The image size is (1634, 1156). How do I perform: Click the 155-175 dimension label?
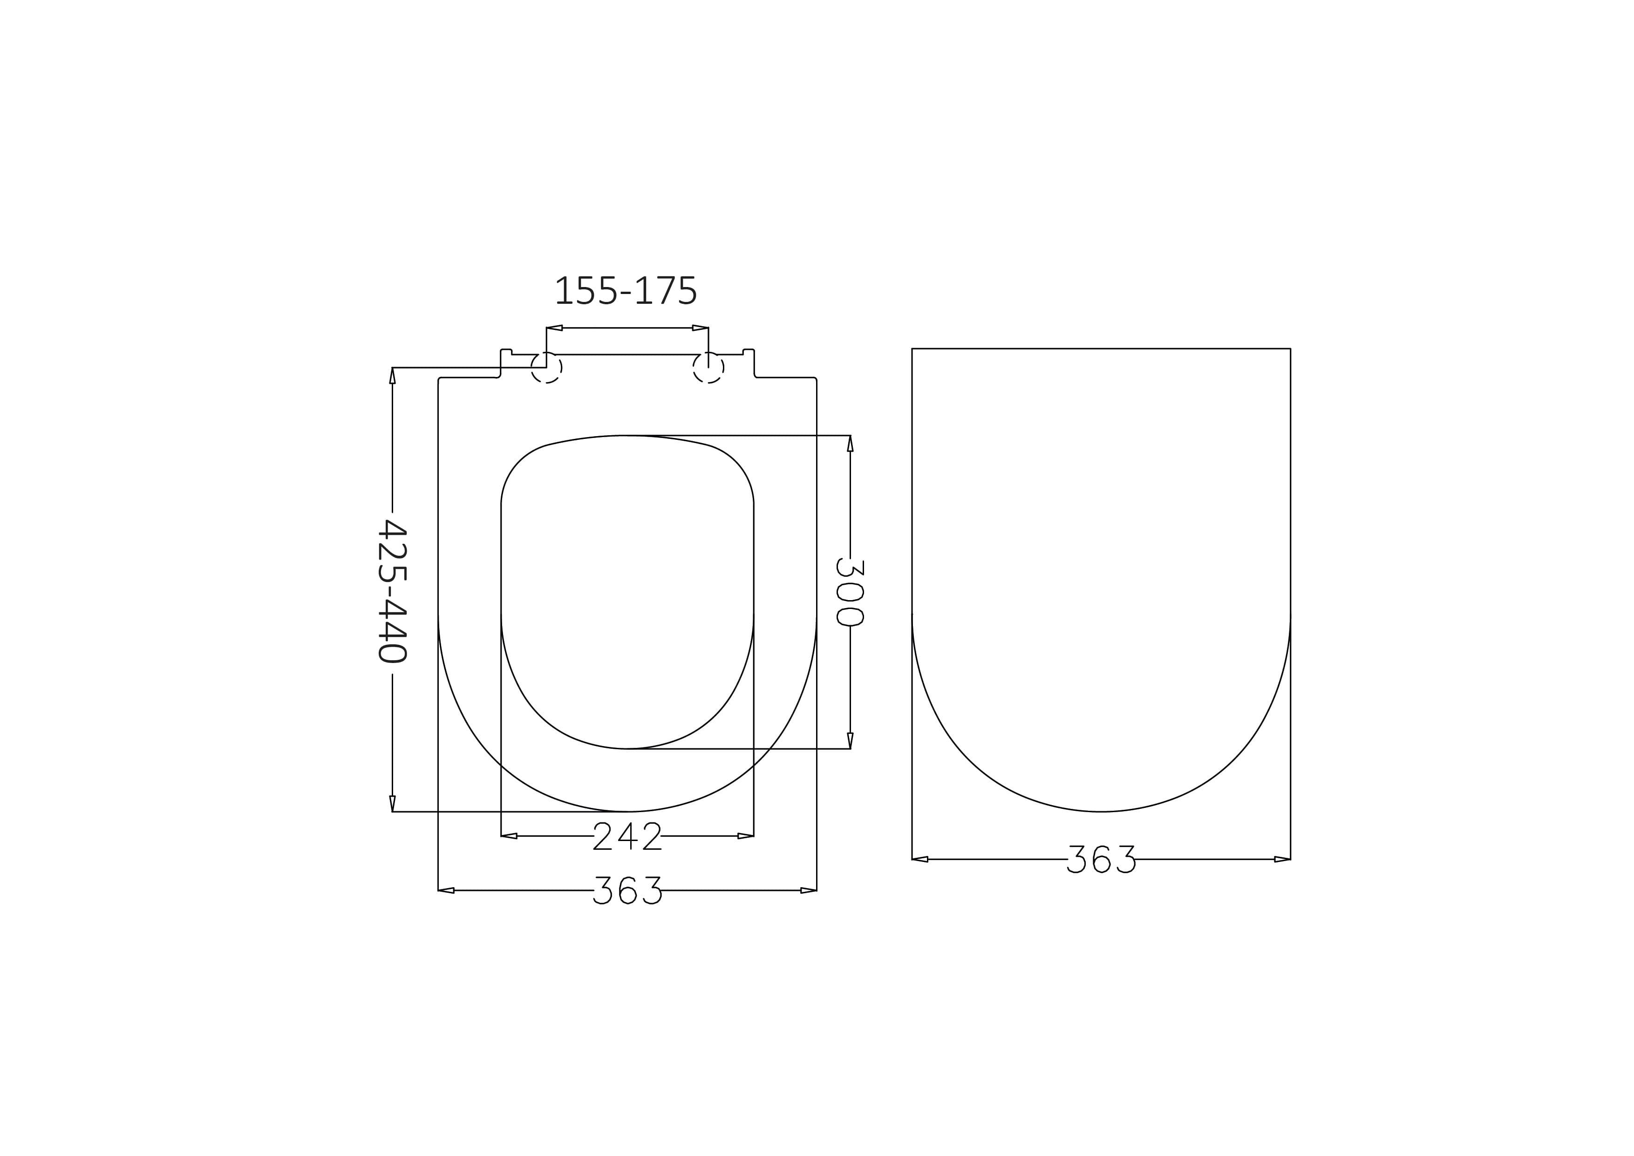626,290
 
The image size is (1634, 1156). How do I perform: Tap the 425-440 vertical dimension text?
392,592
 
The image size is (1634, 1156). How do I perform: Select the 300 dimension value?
850,592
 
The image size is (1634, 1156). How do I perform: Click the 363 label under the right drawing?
1102,859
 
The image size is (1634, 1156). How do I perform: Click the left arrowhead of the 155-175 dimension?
554,328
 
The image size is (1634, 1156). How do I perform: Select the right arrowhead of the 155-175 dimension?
700,328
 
